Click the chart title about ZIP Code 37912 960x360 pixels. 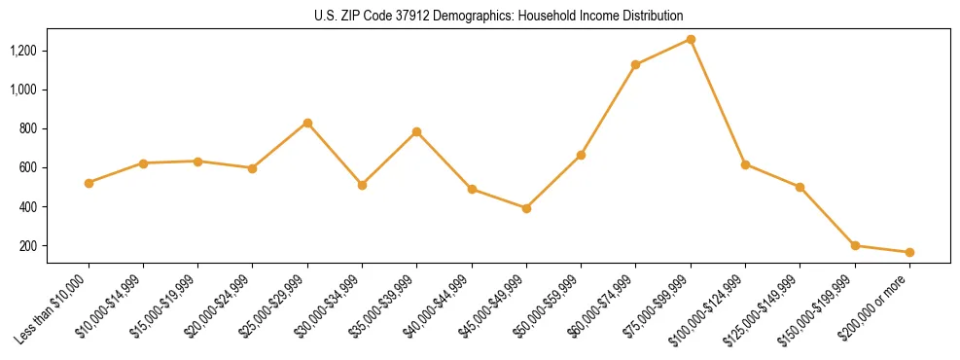[x=498, y=16]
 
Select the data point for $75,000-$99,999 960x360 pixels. [x=691, y=39]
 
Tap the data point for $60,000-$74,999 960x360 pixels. [x=636, y=65]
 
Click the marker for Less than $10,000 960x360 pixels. [x=89, y=183]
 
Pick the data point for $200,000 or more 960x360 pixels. [x=909, y=252]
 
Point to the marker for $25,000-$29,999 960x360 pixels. [x=307, y=123]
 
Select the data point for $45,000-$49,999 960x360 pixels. [x=526, y=208]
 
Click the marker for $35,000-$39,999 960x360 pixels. [x=417, y=131]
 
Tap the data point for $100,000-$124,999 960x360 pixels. [x=745, y=164]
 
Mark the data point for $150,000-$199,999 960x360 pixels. [x=855, y=245]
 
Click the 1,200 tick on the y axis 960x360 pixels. [x=51, y=51]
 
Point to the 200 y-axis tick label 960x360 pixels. [x=55, y=246]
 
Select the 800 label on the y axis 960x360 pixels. [x=55, y=128]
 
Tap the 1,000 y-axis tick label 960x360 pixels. [x=51, y=90]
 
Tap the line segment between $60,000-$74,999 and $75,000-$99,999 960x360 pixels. [x=663, y=53]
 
